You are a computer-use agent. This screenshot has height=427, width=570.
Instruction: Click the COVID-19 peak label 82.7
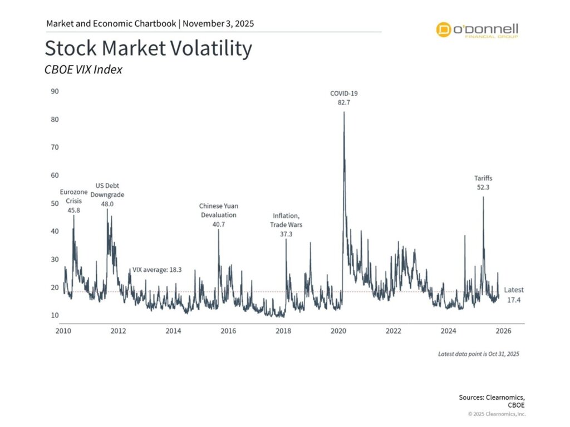344,98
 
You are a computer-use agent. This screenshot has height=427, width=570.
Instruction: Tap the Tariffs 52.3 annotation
483,183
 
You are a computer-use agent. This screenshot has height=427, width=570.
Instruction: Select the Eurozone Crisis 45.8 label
73,201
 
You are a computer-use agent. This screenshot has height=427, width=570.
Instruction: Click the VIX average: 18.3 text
156,270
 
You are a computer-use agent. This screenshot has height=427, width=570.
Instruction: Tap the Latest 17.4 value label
514,295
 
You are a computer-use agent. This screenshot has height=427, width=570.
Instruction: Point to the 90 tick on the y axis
55,91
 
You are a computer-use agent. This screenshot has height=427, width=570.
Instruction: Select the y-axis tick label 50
55,203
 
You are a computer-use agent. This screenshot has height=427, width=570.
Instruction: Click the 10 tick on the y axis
55,316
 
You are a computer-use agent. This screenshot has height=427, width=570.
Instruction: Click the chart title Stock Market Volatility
148,49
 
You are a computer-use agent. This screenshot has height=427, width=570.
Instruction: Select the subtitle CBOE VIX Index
83,70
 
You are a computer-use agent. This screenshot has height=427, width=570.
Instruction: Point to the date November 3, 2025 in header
219,24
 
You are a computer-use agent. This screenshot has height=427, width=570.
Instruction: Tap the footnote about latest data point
478,354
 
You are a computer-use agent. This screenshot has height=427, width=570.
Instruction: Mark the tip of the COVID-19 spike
344,112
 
